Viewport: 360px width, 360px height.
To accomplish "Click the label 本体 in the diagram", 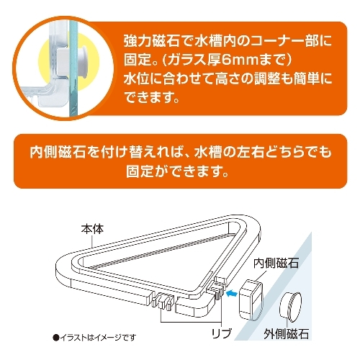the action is point(92,229).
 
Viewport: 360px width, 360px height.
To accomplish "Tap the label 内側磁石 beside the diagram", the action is point(276,263).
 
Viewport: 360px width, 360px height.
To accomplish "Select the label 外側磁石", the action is point(287,333).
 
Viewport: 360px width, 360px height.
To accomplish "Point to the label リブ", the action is point(222,333).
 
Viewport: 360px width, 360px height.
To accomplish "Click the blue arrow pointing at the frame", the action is point(232,293).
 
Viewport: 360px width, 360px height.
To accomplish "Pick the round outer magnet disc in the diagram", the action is point(291,306).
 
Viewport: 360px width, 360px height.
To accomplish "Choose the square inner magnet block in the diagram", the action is point(251,300).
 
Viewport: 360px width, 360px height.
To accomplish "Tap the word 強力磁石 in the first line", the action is point(152,41).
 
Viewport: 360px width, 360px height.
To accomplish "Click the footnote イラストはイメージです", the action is point(98,337).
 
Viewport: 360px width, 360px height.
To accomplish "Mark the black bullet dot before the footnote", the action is point(56,338).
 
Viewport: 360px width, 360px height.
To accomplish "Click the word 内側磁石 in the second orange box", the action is point(58,153).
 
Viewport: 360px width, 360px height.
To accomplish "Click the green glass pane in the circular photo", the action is point(73,70).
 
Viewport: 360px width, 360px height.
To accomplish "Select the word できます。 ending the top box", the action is point(152,97).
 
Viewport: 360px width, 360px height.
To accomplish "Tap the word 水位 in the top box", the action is point(138,78).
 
